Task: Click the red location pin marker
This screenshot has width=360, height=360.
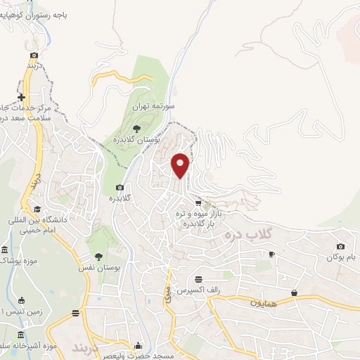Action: coord(181,165)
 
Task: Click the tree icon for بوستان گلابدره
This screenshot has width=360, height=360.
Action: coord(136,128)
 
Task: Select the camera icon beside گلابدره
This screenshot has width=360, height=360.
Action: coord(120,187)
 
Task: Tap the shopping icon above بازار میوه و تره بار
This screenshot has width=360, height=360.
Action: coord(207,202)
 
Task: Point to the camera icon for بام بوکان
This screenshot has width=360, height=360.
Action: coord(341,246)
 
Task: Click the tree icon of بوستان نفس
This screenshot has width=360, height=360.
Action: coord(98,257)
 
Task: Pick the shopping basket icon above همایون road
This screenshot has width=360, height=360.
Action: coord(294,292)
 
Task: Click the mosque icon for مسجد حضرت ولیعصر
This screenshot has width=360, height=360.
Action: coord(138,345)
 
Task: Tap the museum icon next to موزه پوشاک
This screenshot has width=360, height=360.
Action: coord(4,250)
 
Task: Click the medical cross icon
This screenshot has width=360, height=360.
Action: coord(22,97)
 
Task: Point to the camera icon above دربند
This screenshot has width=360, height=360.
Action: coord(34,54)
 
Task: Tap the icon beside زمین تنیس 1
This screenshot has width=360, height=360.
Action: coord(20,300)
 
